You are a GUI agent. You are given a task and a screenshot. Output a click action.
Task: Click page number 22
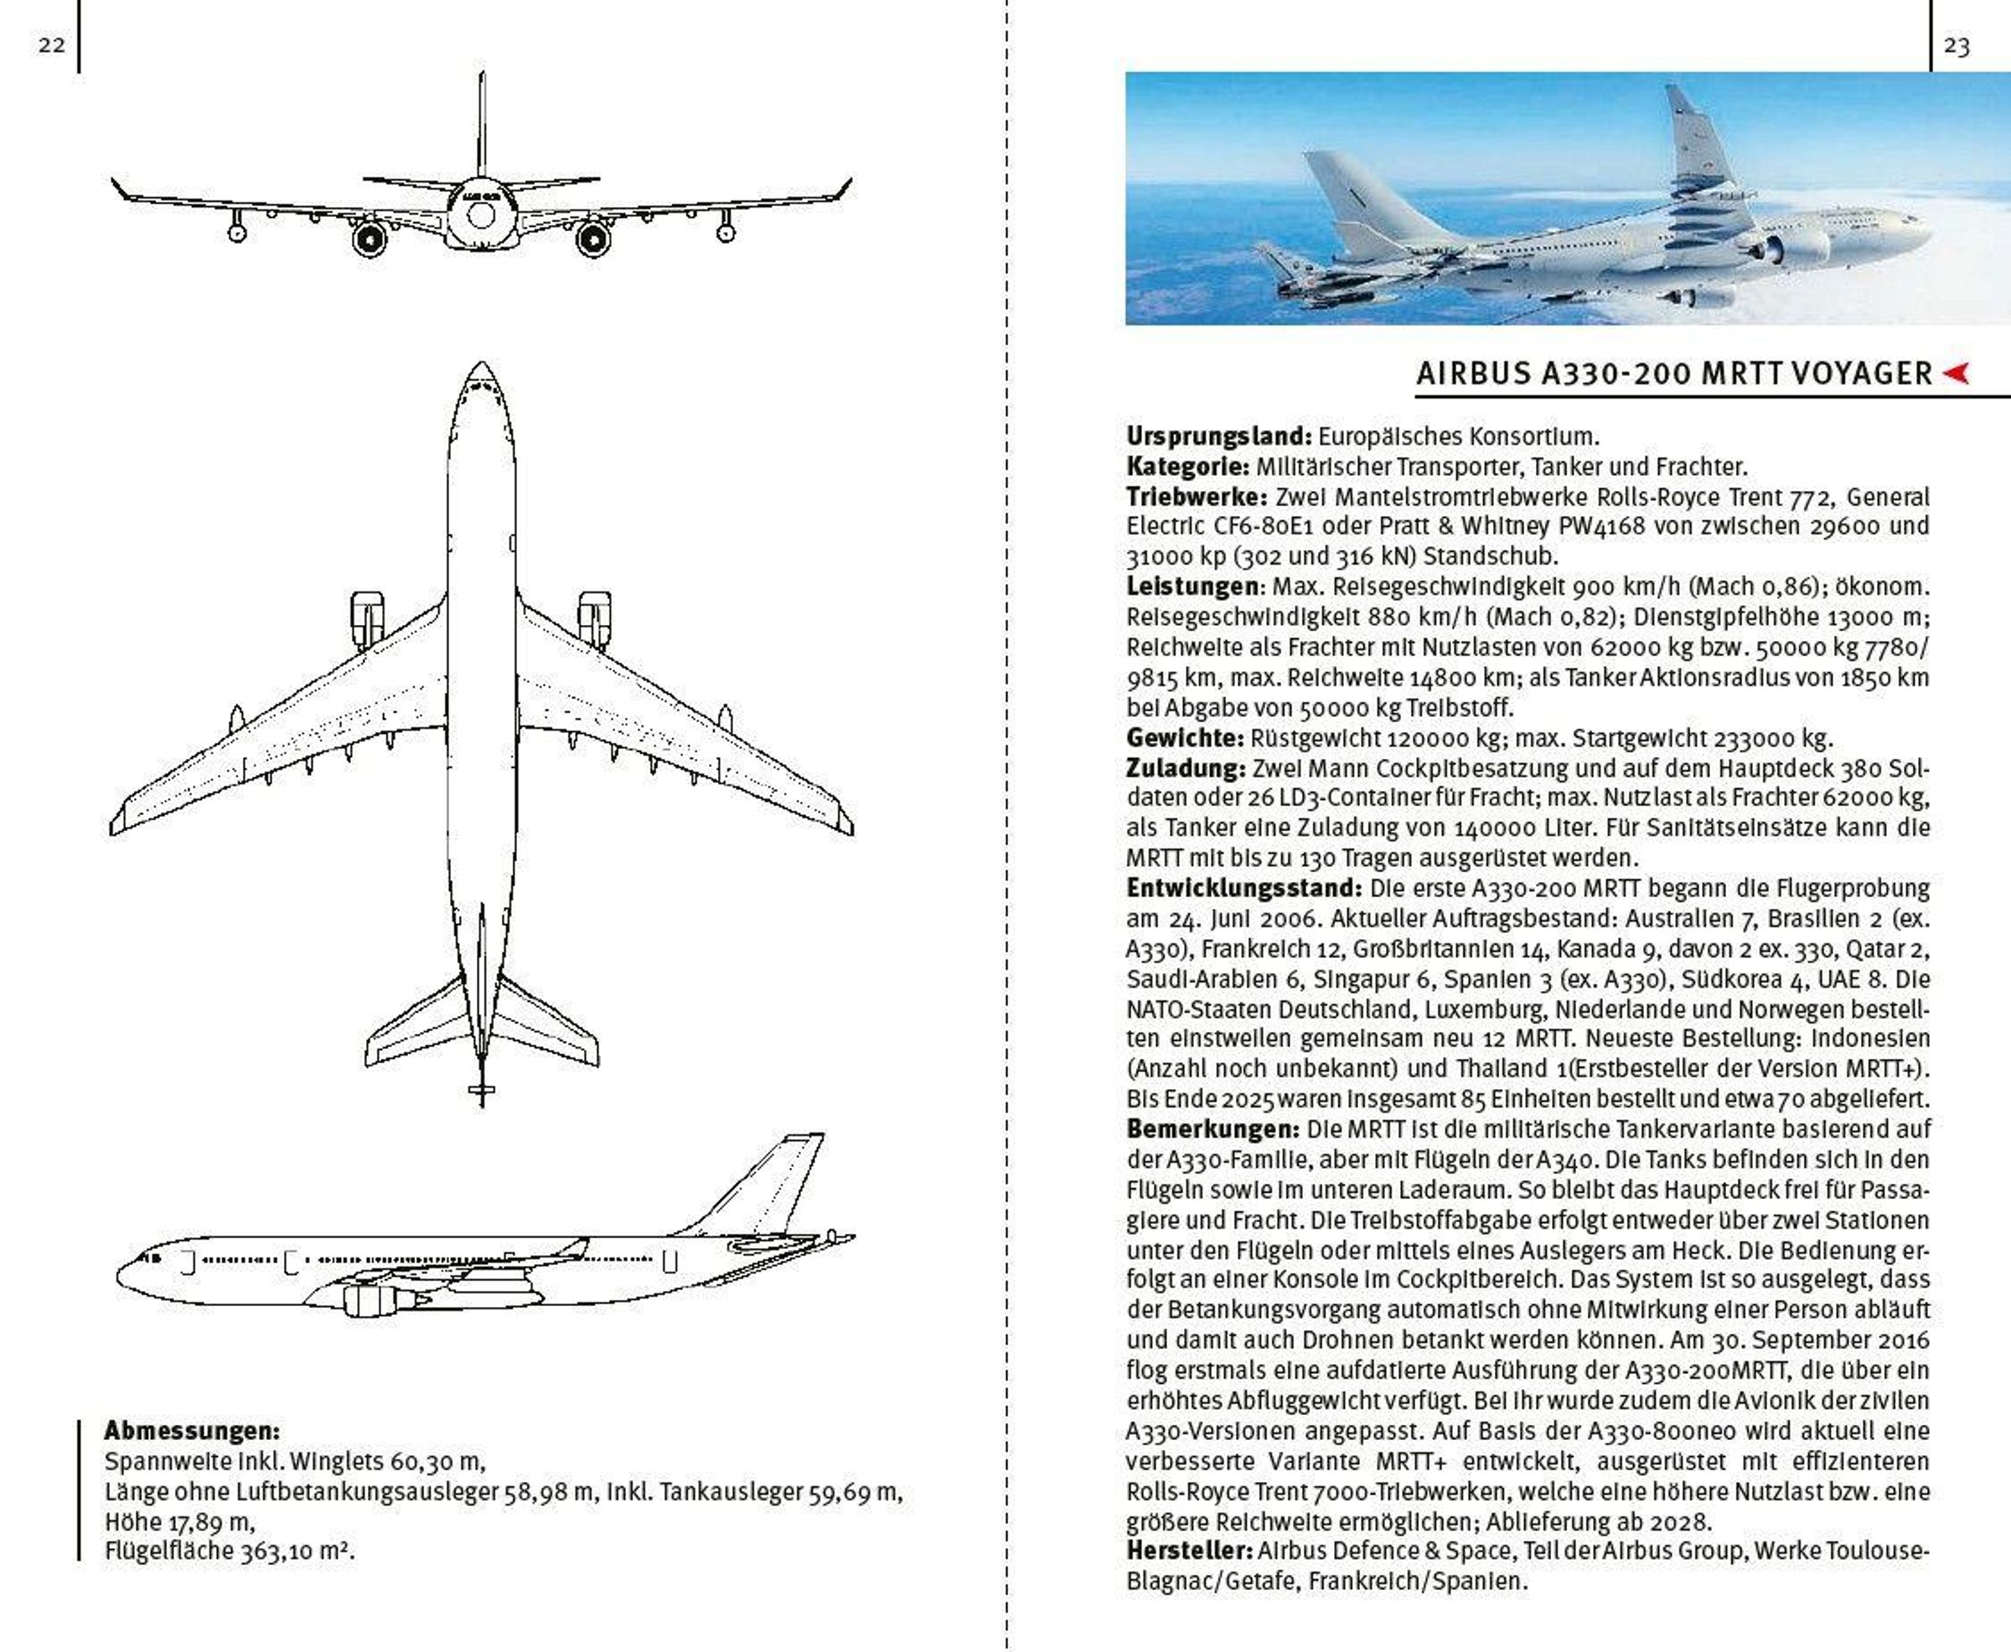pyautogui.click(x=51, y=44)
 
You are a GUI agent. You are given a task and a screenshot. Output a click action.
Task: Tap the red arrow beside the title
pyautogui.click(x=1955, y=373)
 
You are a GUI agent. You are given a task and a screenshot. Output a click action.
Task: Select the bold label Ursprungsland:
pyautogui.click(x=1219, y=436)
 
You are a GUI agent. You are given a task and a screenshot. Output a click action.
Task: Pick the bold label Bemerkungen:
pyautogui.click(x=1212, y=1129)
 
